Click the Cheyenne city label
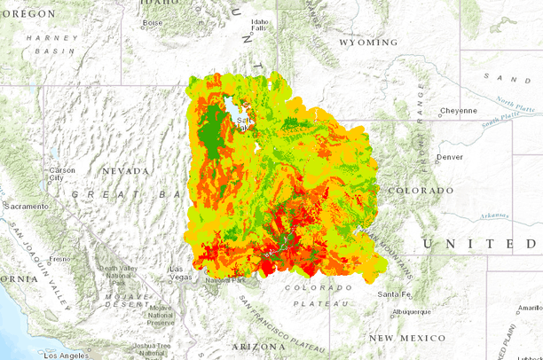459,112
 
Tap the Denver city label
449,157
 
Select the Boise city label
153,22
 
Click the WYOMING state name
367,43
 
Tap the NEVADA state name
125,171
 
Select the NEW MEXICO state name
408,339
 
